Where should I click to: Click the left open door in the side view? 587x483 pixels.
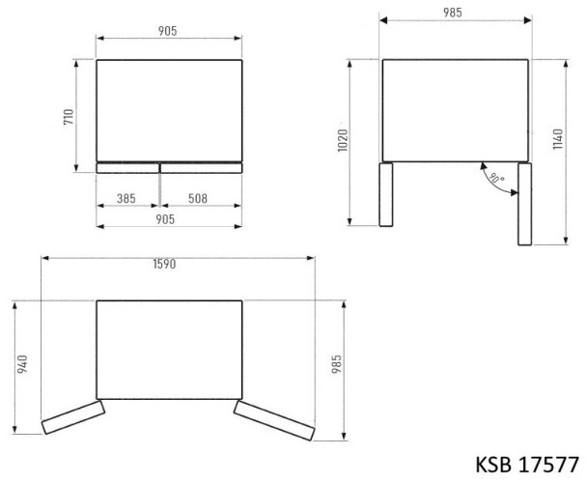click(x=386, y=195)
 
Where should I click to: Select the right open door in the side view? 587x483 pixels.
click(x=524, y=203)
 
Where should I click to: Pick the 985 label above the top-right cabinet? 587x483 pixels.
click(x=453, y=12)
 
